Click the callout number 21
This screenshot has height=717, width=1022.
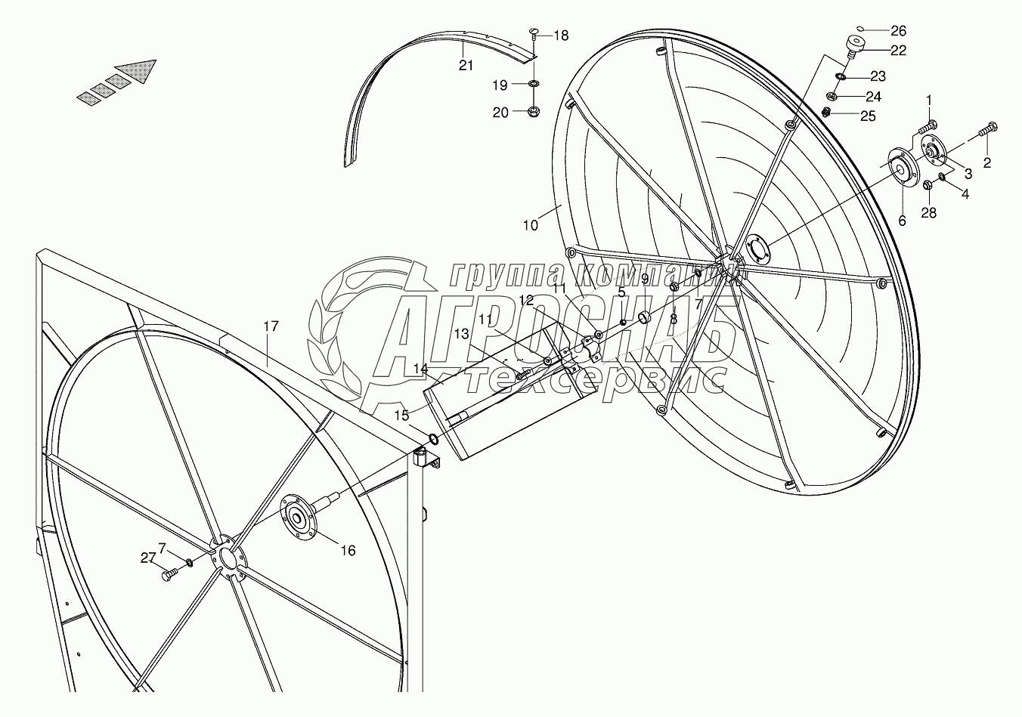[x=466, y=66]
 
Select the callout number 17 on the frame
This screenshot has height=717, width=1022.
[x=271, y=326]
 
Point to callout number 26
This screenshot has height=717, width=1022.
[x=898, y=31]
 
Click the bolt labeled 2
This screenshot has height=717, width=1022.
[x=986, y=130]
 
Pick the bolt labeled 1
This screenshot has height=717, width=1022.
[x=928, y=124]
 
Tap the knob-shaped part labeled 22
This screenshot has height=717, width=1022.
[x=854, y=46]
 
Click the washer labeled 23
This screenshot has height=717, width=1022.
[x=841, y=76]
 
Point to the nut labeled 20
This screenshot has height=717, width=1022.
[x=531, y=113]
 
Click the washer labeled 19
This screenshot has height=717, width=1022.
[x=533, y=83]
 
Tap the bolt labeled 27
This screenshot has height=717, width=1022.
[x=168, y=576]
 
